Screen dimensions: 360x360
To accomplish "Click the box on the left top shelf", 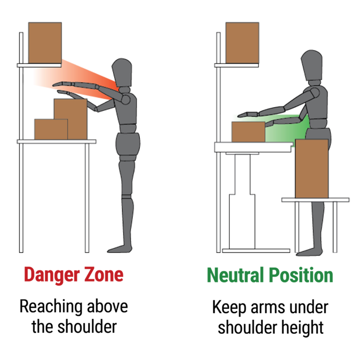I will [x=45, y=41].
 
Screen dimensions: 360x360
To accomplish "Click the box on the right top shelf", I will [x=242, y=41].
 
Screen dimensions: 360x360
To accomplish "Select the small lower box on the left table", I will [x=51, y=129].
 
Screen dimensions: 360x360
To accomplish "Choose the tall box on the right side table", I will [x=311, y=168].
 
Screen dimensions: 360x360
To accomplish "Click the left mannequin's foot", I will [x=119, y=247].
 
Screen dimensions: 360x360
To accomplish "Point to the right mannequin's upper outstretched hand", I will [x=243, y=114].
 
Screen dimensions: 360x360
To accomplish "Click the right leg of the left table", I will [x=87, y=197].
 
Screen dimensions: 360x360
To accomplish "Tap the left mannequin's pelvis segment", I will [x=127, y=144].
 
